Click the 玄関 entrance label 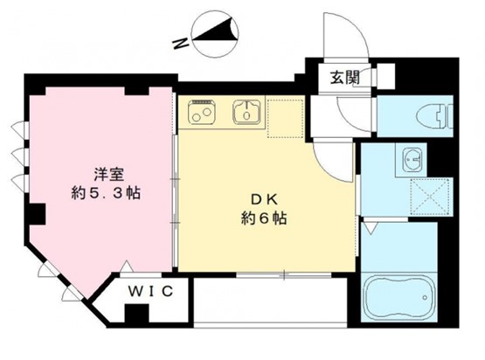click(x=345, y=77)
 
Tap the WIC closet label click(x=150, y=291)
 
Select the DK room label click(x=264, y=200)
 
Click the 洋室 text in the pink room click(x=109, y=175)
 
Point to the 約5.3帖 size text click(x=106, y=193)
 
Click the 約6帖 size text click(x=264, y=218)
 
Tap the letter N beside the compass click(x=181, y=44)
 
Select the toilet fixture click(x=434, y=116)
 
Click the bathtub click(x=398, y=297)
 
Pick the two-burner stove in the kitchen click(x=201, y=112)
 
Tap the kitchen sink click(x=246, y=112)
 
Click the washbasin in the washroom click(x=412, y=160)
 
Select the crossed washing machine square click(x=430, y=197)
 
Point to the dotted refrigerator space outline click(x=285, y=119)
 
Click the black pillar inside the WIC click(x=136, y=314)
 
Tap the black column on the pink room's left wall click(x=35, y=214)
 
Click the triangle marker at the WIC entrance click(x=127, y=267)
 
